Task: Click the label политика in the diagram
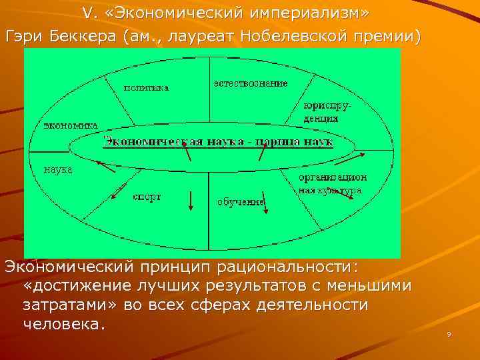click(x=146, y=87)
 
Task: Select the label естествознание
click(x=251, y=83)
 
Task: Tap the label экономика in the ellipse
click(x=71, y=125)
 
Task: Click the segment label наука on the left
click(x=58, y=169)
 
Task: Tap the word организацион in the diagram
click(x=333, y=177)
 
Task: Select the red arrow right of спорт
click(x=191, y=201)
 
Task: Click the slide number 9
click(x=449, y=334)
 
